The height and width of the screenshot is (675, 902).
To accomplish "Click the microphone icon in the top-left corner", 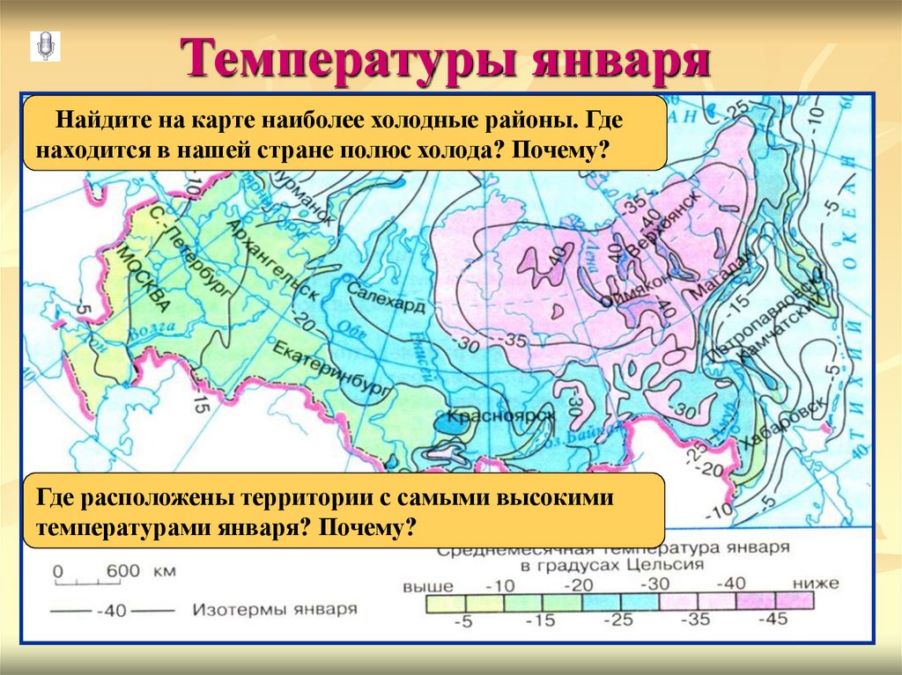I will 45,46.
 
